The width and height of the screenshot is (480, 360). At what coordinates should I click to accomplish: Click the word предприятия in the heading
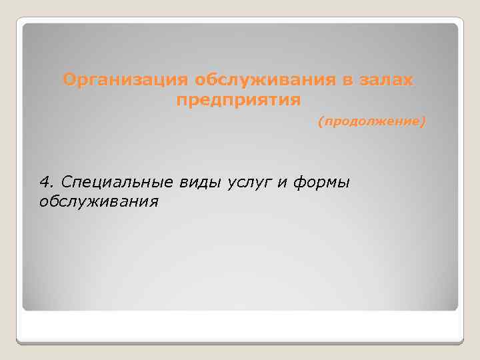(x=239, y=101)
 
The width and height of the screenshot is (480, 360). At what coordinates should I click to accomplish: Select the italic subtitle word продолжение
(x=371, y=123)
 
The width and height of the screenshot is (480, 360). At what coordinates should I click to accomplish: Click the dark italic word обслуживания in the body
(x=99, y=201)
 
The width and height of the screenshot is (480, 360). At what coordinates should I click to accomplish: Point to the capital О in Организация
(x=69, y=81)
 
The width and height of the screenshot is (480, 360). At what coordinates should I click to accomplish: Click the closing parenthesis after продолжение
(x=423, y=123)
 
